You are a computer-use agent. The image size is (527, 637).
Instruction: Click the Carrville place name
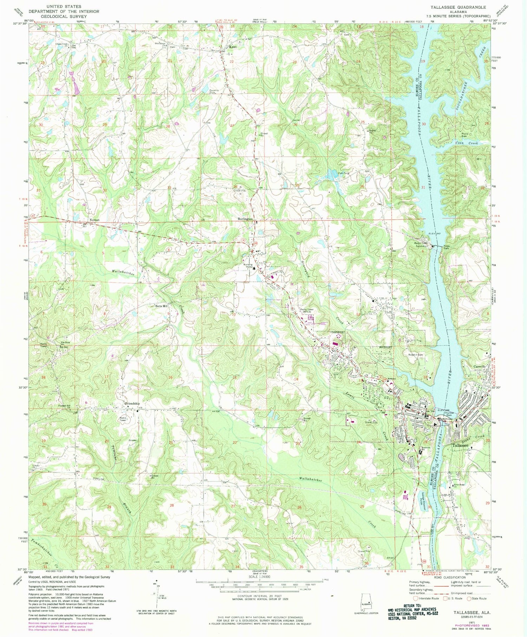point(480,366)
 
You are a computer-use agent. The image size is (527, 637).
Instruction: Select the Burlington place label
point(245,219)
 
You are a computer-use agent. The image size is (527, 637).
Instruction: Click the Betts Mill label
point(162,306)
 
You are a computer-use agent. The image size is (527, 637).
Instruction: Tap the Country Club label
point(214,91)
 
